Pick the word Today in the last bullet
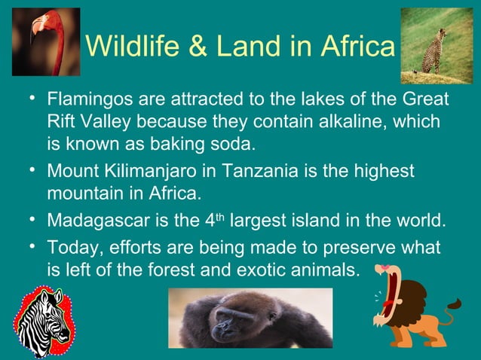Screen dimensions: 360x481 click(69, 248)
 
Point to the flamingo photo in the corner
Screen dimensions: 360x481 click(45, 41)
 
